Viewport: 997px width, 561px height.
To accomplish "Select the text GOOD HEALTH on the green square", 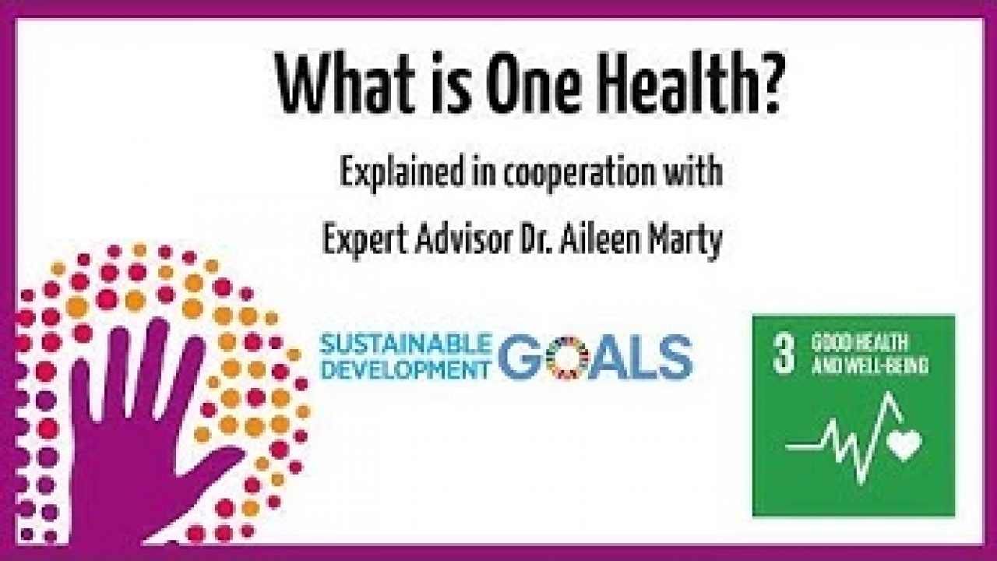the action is point(859,344).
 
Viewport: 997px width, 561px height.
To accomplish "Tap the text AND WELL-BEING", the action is point(870,366).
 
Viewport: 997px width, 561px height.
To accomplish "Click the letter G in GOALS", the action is point(522,359).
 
